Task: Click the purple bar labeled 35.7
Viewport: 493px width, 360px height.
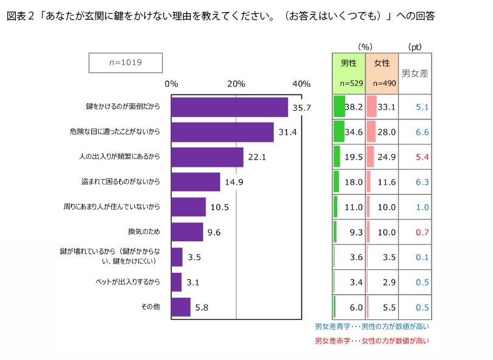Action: pos(229,107)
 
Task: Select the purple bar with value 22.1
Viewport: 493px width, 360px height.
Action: pos(207,157)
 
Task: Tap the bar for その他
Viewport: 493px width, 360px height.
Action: pos(181,307)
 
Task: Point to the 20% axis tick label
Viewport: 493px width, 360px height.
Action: pos(236,83)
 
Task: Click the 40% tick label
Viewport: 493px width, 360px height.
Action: pos(301,83)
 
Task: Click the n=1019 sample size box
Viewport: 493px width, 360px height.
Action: pos(126,62)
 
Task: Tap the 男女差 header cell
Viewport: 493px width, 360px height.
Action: pos(415,73)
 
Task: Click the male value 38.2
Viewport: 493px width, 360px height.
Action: pos(354,107)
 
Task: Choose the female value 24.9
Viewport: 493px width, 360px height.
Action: pos(386,157)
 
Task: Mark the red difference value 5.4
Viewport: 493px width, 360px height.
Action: pos(422,157)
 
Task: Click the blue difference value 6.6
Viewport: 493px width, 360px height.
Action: pos(422,132)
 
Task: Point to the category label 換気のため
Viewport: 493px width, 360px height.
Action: pos(144,232)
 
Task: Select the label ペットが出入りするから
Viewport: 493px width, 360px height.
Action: pos(128,282)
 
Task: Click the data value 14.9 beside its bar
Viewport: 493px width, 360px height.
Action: pos(234,182)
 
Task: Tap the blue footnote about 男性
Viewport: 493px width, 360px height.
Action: pos(371,327)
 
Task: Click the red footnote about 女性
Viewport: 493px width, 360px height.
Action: pos(371,341)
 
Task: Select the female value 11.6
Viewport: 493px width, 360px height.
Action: pos(386,182)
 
